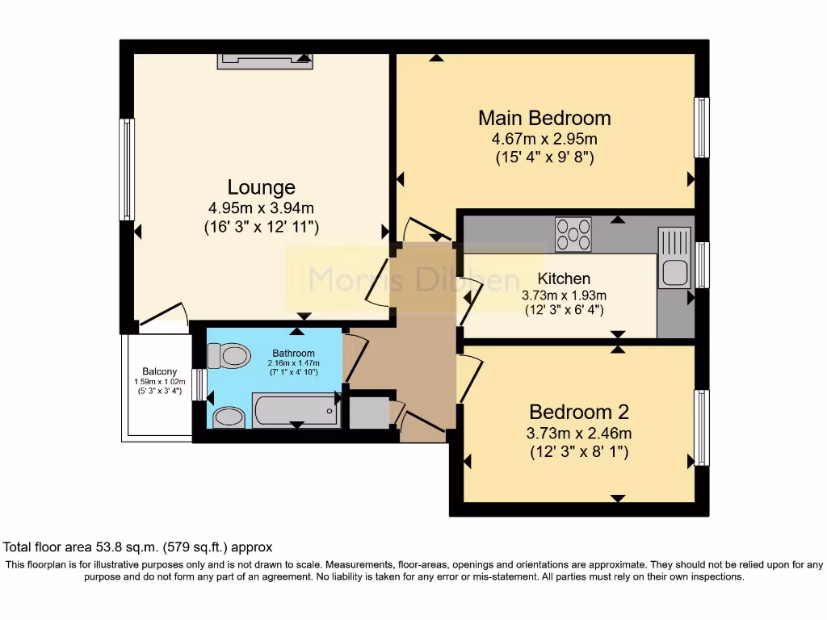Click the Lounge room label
click(261, 187)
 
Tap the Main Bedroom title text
click(544, 118)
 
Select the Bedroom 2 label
click(578, 412)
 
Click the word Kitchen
click(564, 279)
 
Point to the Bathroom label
click(293, 354)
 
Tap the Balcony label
click(159, 371)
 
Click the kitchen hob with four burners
click(573, 235)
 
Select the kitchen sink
click(674, 258)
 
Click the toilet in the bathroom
click(229, 356)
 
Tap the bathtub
click(296, 410)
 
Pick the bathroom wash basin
click(229, 417)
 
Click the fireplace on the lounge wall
click(265, 61)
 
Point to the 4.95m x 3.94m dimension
click(261, 207)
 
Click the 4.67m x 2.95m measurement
click(544, 139)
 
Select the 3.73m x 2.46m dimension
click(578, 434)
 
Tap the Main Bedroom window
click(702, 128)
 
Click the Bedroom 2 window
click(702, 428)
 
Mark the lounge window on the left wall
click(127, 170)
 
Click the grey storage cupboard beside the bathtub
click(369, 413)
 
